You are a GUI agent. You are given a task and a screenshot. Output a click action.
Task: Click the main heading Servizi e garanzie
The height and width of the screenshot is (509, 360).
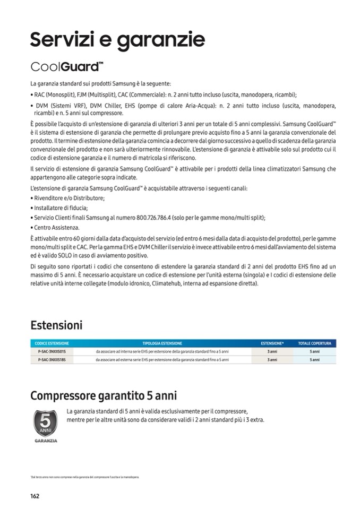tap(117, 39)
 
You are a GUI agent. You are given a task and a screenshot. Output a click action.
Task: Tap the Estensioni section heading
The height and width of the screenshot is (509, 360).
tap(56, 325)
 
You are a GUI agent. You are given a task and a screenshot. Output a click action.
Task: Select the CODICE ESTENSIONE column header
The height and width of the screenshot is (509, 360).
tap(52, 343)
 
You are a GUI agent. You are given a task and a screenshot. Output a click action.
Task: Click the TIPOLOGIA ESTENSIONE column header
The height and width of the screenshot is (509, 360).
tap(162, 343)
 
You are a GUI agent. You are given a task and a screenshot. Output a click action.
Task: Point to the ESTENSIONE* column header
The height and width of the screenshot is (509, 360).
tap(272, 343)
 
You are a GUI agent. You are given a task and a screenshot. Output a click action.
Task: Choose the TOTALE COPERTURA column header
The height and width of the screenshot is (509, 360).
tap(314, 343)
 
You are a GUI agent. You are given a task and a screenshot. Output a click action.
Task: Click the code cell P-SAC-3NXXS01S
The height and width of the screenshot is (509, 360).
tap(52, 351)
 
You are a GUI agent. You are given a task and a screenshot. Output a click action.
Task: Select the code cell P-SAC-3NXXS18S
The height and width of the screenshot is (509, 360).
tap(52, 359)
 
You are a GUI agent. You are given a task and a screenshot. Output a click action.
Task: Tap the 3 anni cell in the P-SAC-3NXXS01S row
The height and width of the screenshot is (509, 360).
tap(272, 351)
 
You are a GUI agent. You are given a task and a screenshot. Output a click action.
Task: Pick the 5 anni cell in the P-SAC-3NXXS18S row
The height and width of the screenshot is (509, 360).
tap(314, 359)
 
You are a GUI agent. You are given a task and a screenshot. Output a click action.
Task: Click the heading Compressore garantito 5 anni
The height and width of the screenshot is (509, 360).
tap(104, 396)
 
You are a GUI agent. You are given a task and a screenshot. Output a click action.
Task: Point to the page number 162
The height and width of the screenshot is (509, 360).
tap(35, 496)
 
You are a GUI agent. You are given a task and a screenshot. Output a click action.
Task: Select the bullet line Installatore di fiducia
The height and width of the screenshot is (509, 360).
tap(60, 208)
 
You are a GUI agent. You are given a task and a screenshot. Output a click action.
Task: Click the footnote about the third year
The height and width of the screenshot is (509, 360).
tap(85, 477)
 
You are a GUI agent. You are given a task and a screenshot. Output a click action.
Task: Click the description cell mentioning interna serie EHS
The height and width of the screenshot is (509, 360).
tap(162, 351)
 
